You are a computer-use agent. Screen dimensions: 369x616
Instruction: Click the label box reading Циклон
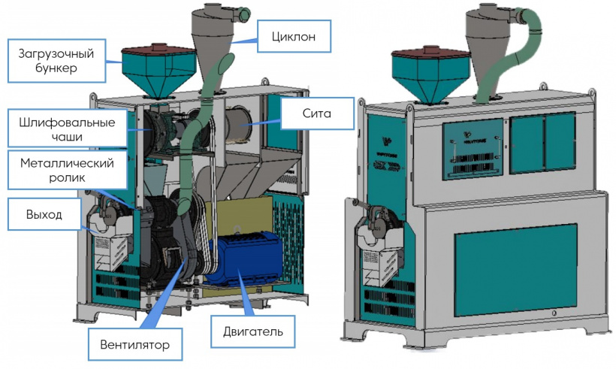click(x=293, y=35)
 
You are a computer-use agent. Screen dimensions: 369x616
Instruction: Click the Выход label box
click(x=44, y=215)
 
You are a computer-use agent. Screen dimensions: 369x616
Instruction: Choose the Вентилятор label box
click(x=135, y=346)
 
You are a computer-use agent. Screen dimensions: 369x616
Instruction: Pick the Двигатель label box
click(x=247, y=331)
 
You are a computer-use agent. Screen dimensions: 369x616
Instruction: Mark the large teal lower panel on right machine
click(x=517, y=271)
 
